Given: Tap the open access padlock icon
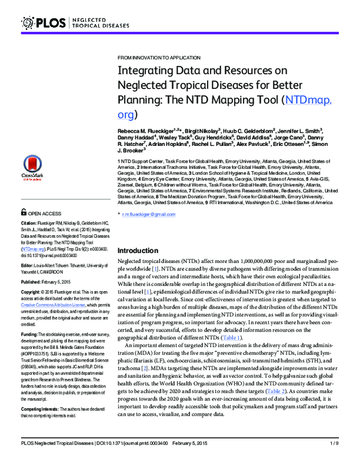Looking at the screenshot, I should [x=23, y=213].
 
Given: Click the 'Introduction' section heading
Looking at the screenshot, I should [x=139, y=250].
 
